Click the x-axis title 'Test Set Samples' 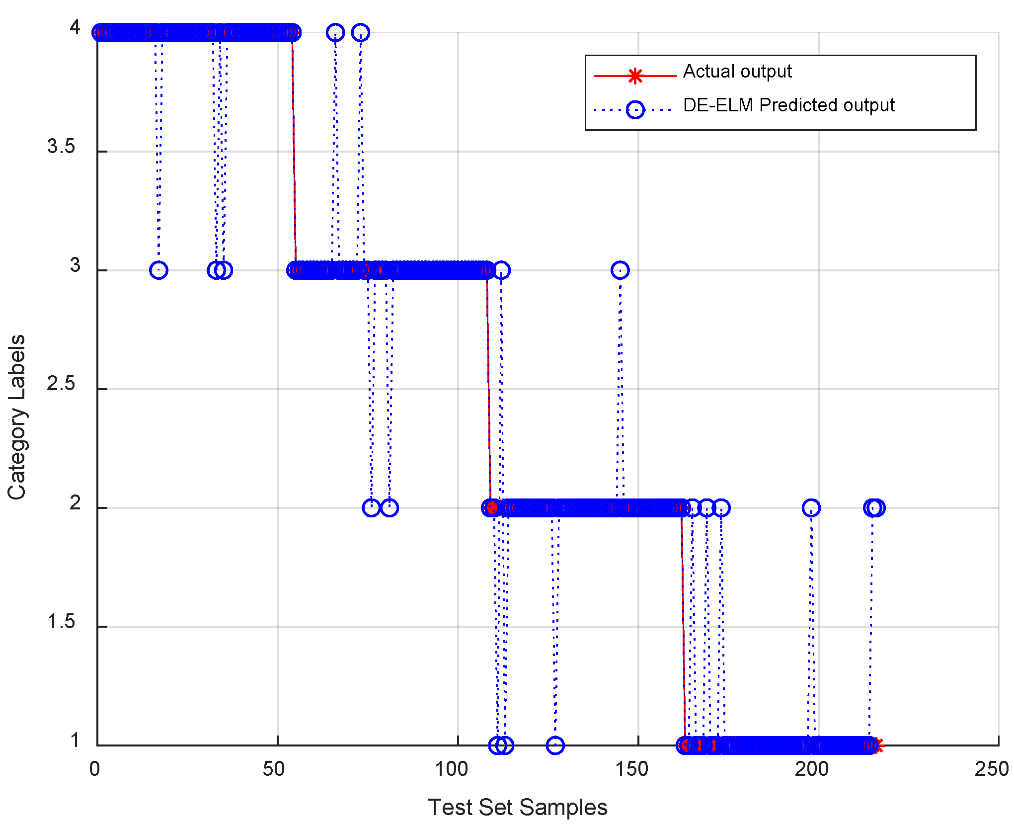517,808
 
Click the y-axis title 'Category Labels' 17,417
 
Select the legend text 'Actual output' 737,72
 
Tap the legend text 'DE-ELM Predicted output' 788,105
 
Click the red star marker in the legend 635,76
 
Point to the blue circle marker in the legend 635,109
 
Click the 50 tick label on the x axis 274,769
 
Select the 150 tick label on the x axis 631,769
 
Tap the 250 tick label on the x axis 991,769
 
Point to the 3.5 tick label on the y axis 61,147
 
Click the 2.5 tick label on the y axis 61,384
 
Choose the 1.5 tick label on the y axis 61,622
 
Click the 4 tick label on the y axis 75,27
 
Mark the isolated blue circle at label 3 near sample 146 620,270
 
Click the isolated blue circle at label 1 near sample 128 555,745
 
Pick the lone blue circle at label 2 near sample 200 811,508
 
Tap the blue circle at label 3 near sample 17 158,270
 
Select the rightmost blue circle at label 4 361,33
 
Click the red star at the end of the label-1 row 878,745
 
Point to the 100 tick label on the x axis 451,769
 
